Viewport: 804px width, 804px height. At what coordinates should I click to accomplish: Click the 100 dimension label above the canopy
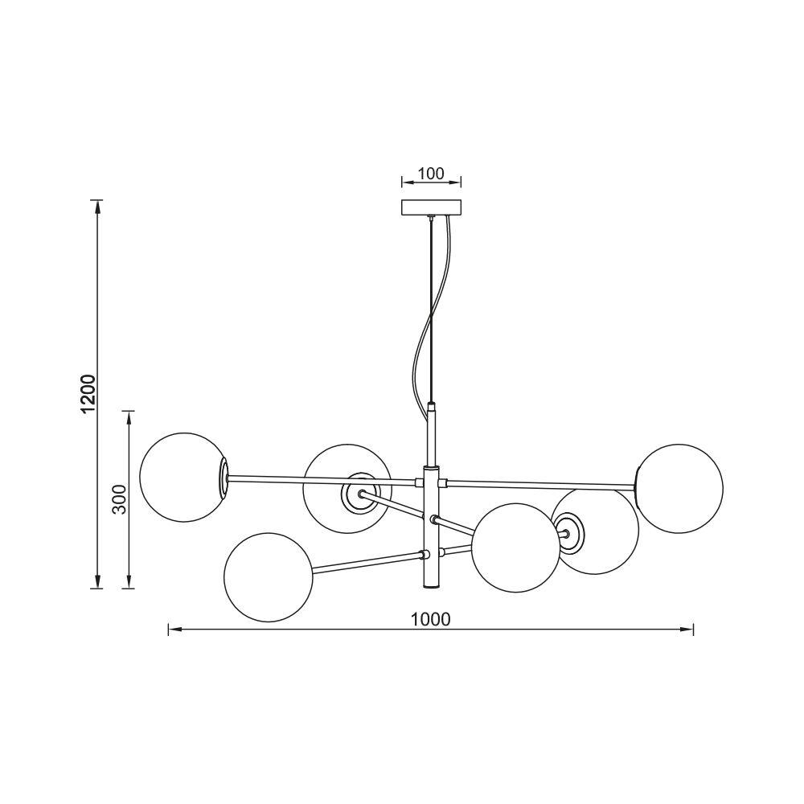point(431,174)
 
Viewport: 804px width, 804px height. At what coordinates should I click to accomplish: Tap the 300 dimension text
point(119,500)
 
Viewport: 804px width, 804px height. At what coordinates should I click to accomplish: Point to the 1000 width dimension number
point(430,618)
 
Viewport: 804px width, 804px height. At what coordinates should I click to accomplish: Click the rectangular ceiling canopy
point(432,207)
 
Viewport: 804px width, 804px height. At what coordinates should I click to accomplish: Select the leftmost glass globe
point(181,478)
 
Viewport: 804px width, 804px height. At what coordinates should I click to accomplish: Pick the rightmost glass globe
point(680,487)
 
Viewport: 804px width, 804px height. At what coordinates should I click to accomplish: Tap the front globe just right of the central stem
point(515,548)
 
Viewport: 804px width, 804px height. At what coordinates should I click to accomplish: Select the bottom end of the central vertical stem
point(432,588)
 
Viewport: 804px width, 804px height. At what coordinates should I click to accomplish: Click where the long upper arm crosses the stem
point(432,482)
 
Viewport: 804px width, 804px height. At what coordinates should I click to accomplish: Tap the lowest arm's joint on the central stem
point(426,554)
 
